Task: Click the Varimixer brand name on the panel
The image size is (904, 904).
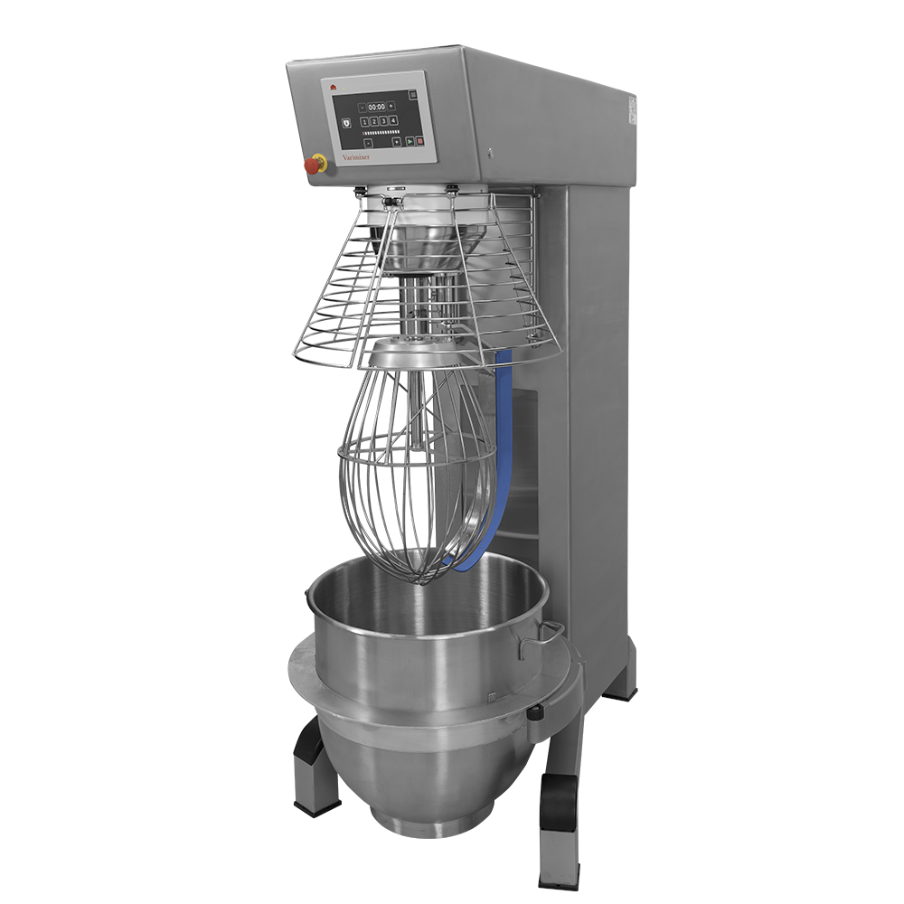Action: [x=356, y=157]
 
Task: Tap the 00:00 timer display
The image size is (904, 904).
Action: [x=377, y=107]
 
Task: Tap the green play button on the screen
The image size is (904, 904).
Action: [x=410, y=141]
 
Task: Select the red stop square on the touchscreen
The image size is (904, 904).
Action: [x=420, y=141]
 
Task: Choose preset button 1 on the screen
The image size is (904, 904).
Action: [x=364, y=122]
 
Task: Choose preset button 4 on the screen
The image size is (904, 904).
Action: [x=393, y=120]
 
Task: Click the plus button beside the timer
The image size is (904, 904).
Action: [x=391, y=106]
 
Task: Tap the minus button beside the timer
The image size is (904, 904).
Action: [x=363, y=108]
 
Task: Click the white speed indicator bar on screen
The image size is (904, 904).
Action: [x=381, y=133]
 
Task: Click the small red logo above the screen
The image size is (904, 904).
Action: [x=333, y=88]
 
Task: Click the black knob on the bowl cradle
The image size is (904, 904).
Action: [x=535, y=716]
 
